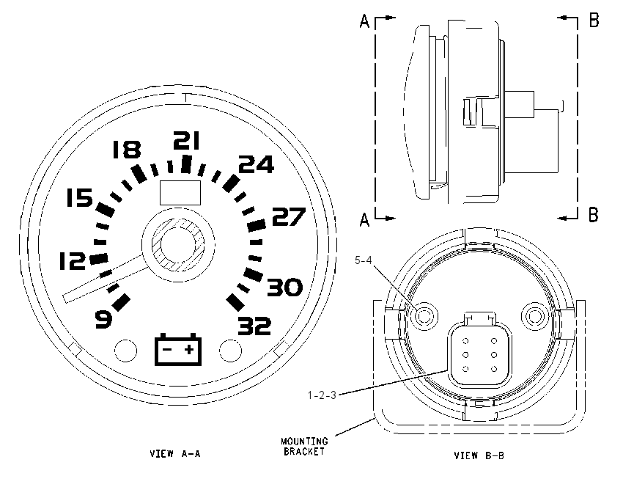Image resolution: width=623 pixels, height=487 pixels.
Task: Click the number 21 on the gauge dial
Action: point(186,141)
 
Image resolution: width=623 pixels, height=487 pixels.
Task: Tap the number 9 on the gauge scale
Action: point(103,320)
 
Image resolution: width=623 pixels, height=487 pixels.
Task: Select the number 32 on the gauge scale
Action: point(254,326)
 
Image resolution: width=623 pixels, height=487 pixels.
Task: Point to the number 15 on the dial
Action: point(79,198)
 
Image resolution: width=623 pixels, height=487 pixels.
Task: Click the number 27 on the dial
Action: point(289,216)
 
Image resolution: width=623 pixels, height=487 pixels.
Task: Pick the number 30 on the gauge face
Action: point(285,288)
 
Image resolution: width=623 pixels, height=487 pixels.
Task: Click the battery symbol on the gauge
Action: point(178,349)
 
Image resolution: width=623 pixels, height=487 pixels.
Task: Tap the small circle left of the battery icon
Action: point(125,351)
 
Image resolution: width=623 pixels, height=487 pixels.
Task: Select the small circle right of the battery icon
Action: point(230,351)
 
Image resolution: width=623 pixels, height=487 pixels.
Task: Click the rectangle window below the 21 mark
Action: point(180,192)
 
